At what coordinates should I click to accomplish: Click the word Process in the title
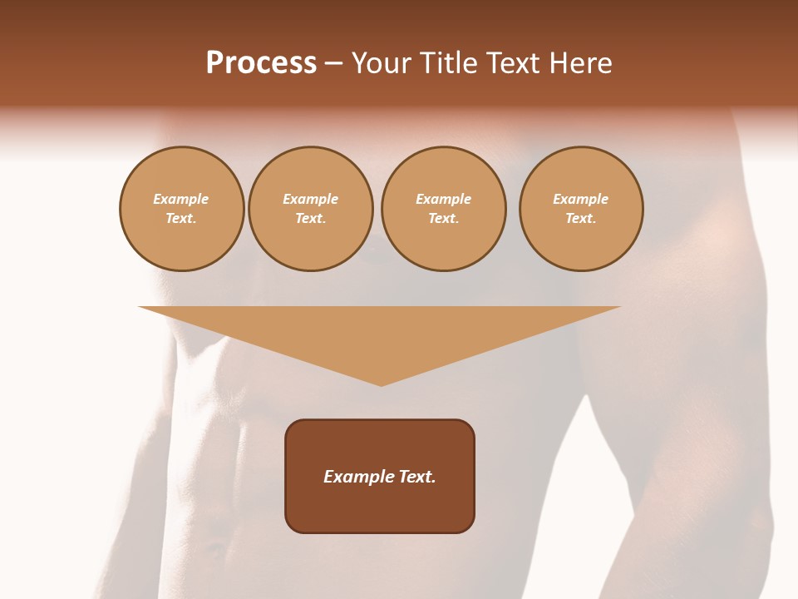click(261, 63)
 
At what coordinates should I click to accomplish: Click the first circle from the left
click(181, 209)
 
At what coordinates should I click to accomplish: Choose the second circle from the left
click(310, 209)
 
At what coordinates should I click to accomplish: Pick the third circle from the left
click(443, 209)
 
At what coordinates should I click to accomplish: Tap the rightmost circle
click(581, 209)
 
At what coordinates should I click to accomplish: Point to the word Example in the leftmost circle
click(181, 200)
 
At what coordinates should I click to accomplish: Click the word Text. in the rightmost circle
click(581, 219)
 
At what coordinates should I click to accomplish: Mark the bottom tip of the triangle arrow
click(381, 385)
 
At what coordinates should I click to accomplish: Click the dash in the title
click(333, 64)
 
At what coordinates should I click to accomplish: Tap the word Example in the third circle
click(443, 200)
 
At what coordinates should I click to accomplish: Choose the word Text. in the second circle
click(310, 219)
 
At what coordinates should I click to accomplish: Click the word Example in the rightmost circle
click(581, 200)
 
